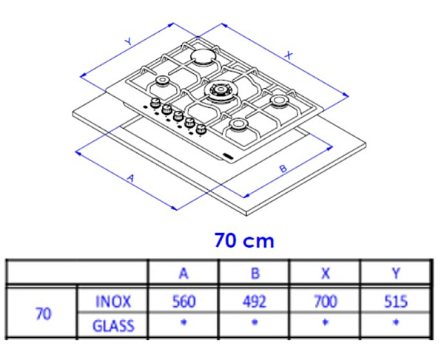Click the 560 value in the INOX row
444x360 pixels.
tap(184, 301)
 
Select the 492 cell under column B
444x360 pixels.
tap(255, 301)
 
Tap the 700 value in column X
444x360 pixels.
tap(326, 301)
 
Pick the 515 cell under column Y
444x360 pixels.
tap(396, 301)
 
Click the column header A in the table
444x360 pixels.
tap(184, 274)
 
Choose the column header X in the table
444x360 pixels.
tap(326, 274)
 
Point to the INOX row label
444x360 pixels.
tap(113, 302)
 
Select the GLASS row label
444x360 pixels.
tap(113, 325)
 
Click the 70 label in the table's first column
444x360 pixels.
tap(44, 313)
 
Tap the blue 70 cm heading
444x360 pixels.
tap(244, 241)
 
